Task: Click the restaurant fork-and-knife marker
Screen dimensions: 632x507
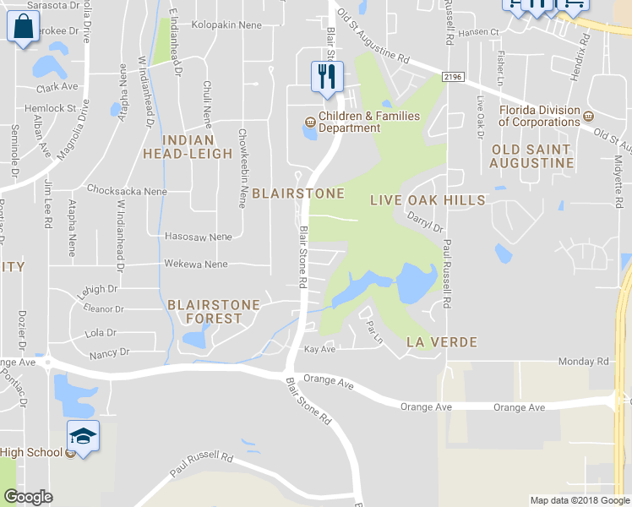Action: click(325, 77)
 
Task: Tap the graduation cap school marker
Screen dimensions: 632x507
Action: click(83, 435)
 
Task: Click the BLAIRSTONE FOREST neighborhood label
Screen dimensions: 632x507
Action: click(204, 311)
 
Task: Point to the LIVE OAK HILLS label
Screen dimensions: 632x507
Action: click(428, 200)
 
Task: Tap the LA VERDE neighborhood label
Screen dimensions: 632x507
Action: click(442, 342)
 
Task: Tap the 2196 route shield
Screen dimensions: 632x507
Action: click(453, 78)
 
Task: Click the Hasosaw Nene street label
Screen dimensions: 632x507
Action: click(199, 237)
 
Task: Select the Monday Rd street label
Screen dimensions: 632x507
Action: click(583, 362)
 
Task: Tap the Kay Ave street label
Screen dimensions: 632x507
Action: click(320, 349)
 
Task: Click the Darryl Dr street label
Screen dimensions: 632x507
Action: click(425, 222)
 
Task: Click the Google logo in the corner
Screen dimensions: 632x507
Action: click(28, 497)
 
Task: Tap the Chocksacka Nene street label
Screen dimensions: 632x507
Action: click(127, 191)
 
